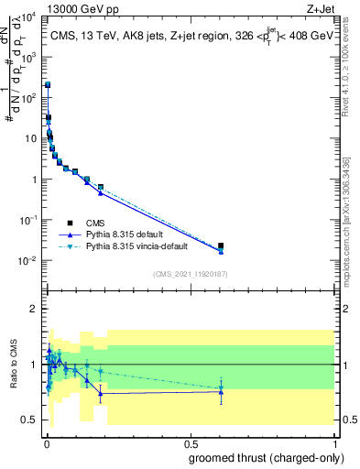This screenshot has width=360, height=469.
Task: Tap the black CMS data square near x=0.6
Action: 221,245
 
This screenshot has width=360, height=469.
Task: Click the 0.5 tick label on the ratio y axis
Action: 28,420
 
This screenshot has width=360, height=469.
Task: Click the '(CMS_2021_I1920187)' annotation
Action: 190,273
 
